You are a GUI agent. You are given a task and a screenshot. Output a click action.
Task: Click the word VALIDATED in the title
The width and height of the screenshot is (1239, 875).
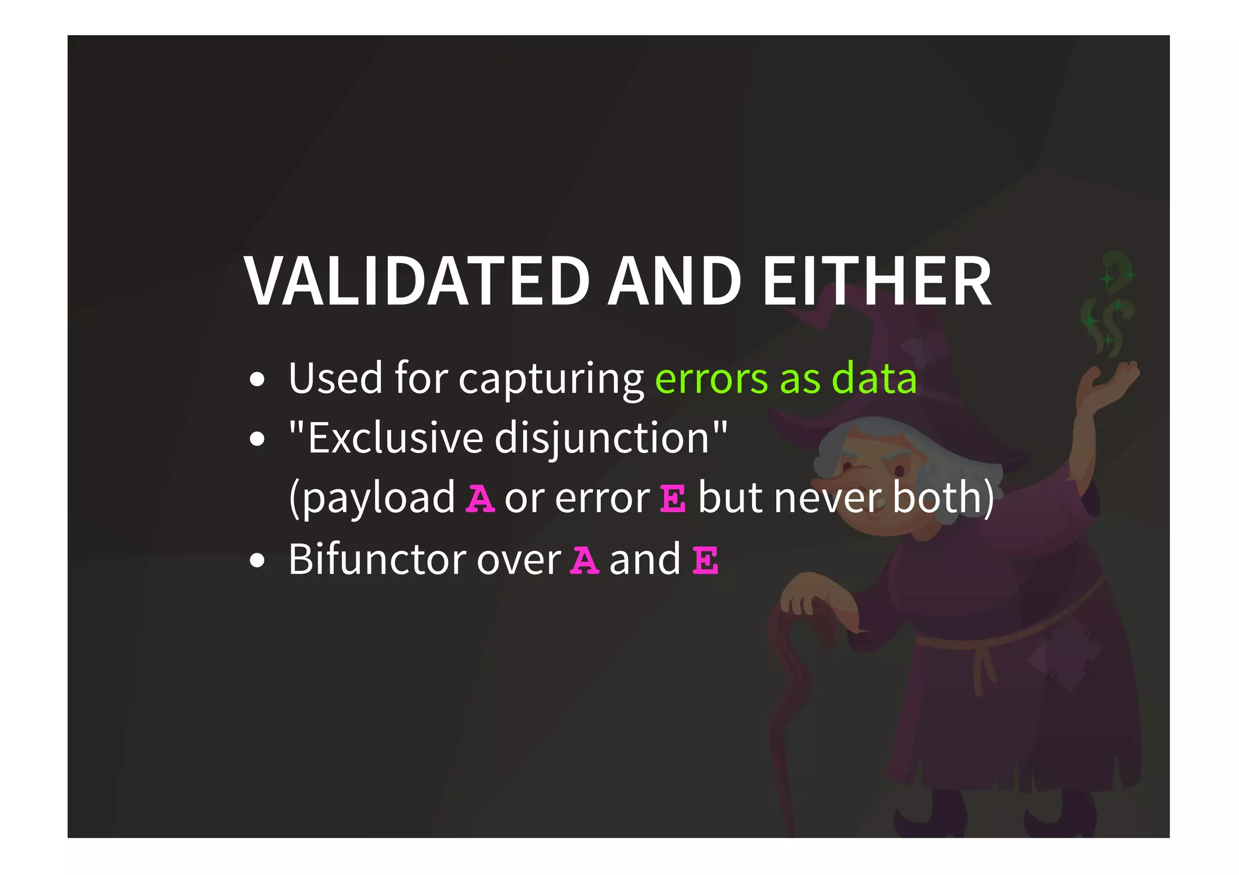click(417, 281)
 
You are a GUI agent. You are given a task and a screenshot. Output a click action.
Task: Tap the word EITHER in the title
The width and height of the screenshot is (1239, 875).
click(877, 281)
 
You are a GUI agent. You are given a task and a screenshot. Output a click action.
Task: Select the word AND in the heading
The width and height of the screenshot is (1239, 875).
click(675, 281)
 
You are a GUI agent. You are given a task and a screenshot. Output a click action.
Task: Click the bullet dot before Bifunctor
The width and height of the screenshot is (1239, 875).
click(257, 561)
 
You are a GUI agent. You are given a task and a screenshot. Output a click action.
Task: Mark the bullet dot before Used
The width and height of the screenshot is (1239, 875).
click(257, 380)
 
